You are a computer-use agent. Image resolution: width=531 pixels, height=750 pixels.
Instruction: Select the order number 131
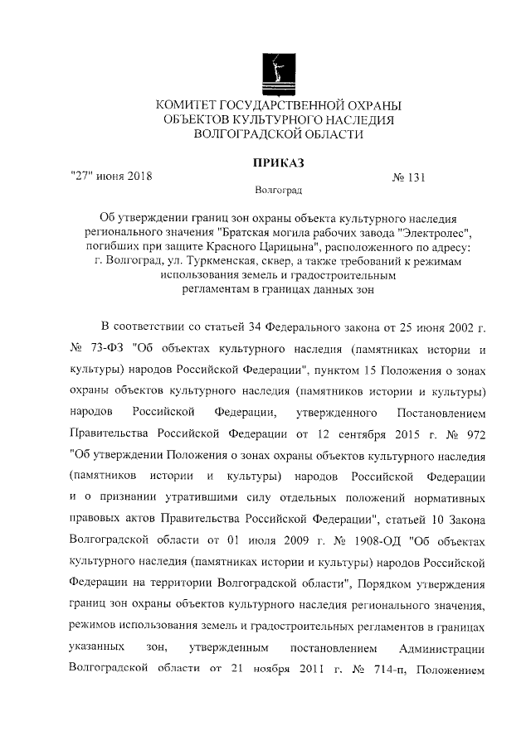417,177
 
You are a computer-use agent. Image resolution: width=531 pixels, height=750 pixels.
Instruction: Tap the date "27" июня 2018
110,176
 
